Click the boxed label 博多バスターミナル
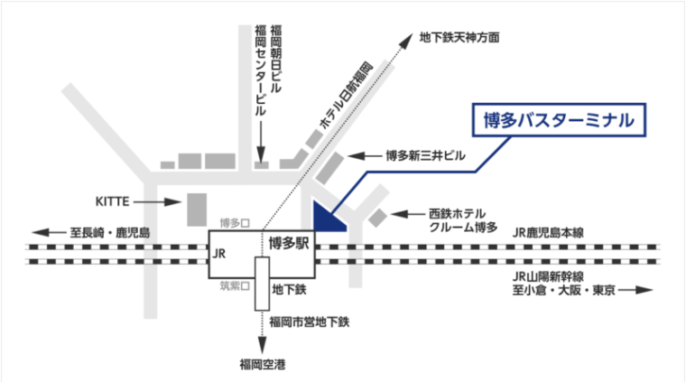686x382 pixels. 561,118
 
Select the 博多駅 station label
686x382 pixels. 288,242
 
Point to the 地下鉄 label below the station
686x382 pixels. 291,291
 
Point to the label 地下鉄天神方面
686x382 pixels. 459,39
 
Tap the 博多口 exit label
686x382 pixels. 234,221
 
